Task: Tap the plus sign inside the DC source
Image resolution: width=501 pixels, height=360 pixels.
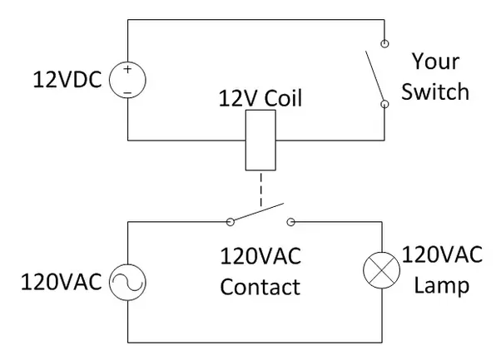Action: (127, 70)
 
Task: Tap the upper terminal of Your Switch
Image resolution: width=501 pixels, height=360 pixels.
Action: (384, 42)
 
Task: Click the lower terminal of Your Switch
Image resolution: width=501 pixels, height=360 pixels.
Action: (384, 105)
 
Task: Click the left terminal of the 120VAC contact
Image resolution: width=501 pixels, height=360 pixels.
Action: (229, 222)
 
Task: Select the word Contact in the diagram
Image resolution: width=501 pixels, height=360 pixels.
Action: (260, 288)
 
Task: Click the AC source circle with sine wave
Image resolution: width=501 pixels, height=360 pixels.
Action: (127, 282)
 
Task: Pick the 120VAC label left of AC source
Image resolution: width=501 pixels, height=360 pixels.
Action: (62, 283)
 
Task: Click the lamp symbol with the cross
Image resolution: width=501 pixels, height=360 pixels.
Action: (384, 269)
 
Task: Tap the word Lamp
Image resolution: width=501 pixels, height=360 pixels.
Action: (442, 285)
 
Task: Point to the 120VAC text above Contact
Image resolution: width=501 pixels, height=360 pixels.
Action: (260, 256)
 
